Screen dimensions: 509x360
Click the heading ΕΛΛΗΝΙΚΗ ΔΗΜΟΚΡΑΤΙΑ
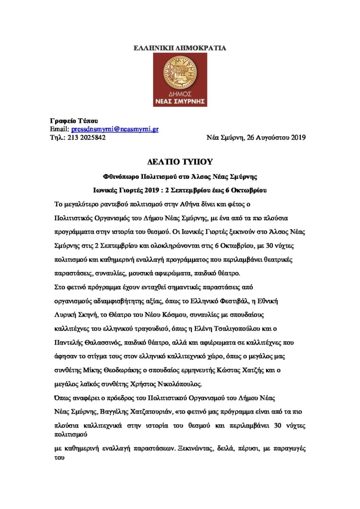pos(180,48)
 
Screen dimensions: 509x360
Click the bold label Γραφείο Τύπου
pos(75,121)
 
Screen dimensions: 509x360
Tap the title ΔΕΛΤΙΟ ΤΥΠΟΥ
pos(180,162)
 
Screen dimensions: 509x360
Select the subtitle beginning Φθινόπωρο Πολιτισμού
pos(180,176)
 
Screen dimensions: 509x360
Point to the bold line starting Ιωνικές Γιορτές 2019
pos(180,190)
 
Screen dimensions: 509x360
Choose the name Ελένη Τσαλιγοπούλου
pos(268,328)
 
